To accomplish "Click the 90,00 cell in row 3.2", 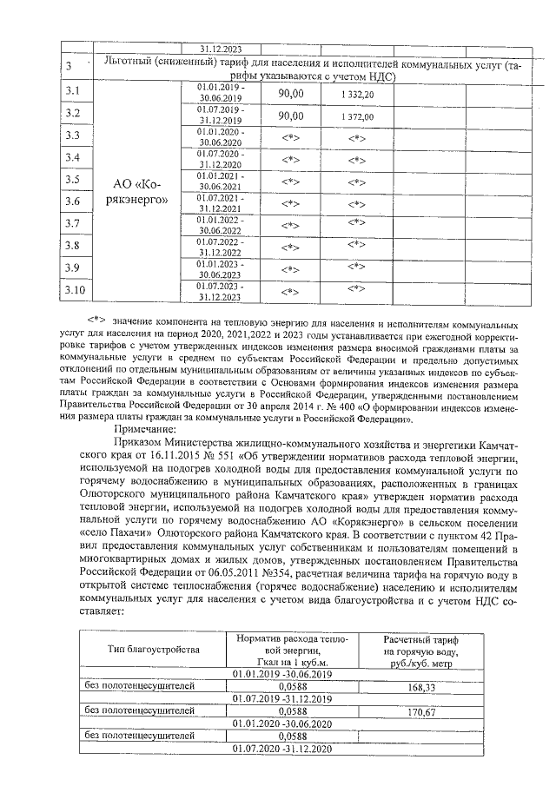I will pos(290,116).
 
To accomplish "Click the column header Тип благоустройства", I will pos(154,649).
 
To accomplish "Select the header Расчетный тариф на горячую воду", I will pos(420,651).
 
